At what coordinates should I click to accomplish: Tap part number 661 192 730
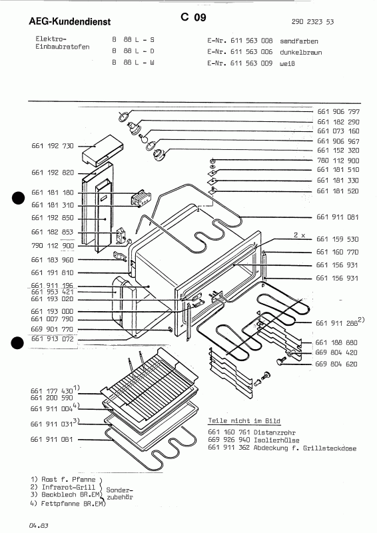(53, 145)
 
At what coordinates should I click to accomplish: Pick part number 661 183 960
(53, 259)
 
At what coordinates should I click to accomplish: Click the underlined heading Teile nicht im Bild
(244, 422)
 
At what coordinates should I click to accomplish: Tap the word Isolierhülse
(276, 441)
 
